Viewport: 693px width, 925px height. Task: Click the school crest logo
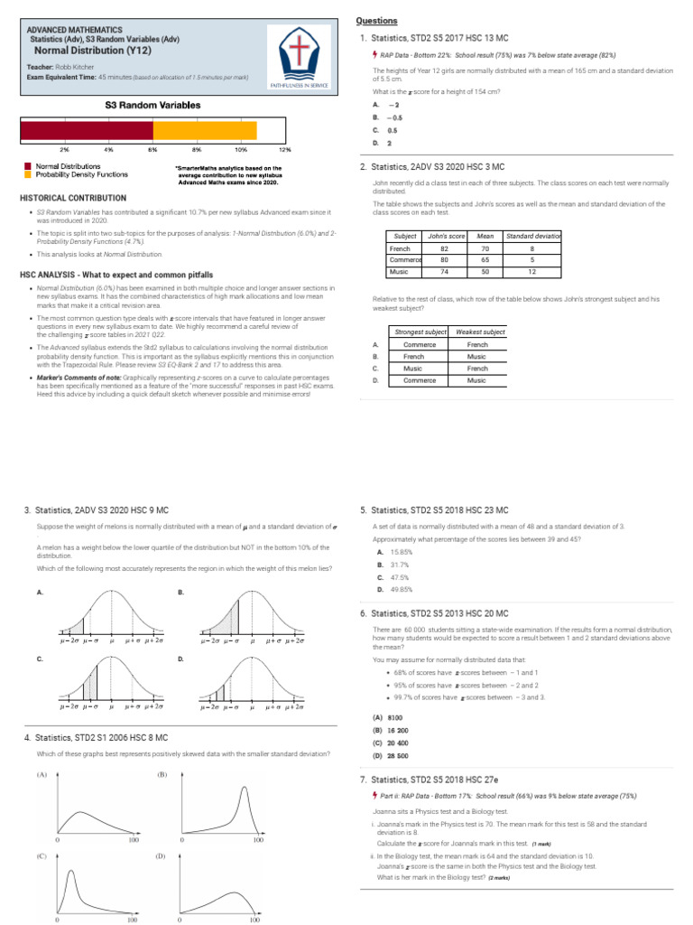click(x=303, y=55)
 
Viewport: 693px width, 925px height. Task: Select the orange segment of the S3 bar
click(x=205, y=131)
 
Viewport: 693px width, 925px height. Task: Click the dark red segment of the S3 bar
click(x=87, y=131)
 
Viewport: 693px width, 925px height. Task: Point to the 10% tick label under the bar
click(x=241, y=149)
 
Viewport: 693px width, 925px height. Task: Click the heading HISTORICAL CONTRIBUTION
click(x=73, y=197)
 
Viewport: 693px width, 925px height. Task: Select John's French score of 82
click(x=444, y=248)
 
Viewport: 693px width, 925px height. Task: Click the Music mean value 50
click(x=485, y=271)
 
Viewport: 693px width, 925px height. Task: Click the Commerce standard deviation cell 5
click(x=533, y=259)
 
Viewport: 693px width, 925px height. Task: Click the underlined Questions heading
click(x=376, y=21)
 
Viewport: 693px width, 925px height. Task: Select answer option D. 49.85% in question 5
click(x=401, y=589)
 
